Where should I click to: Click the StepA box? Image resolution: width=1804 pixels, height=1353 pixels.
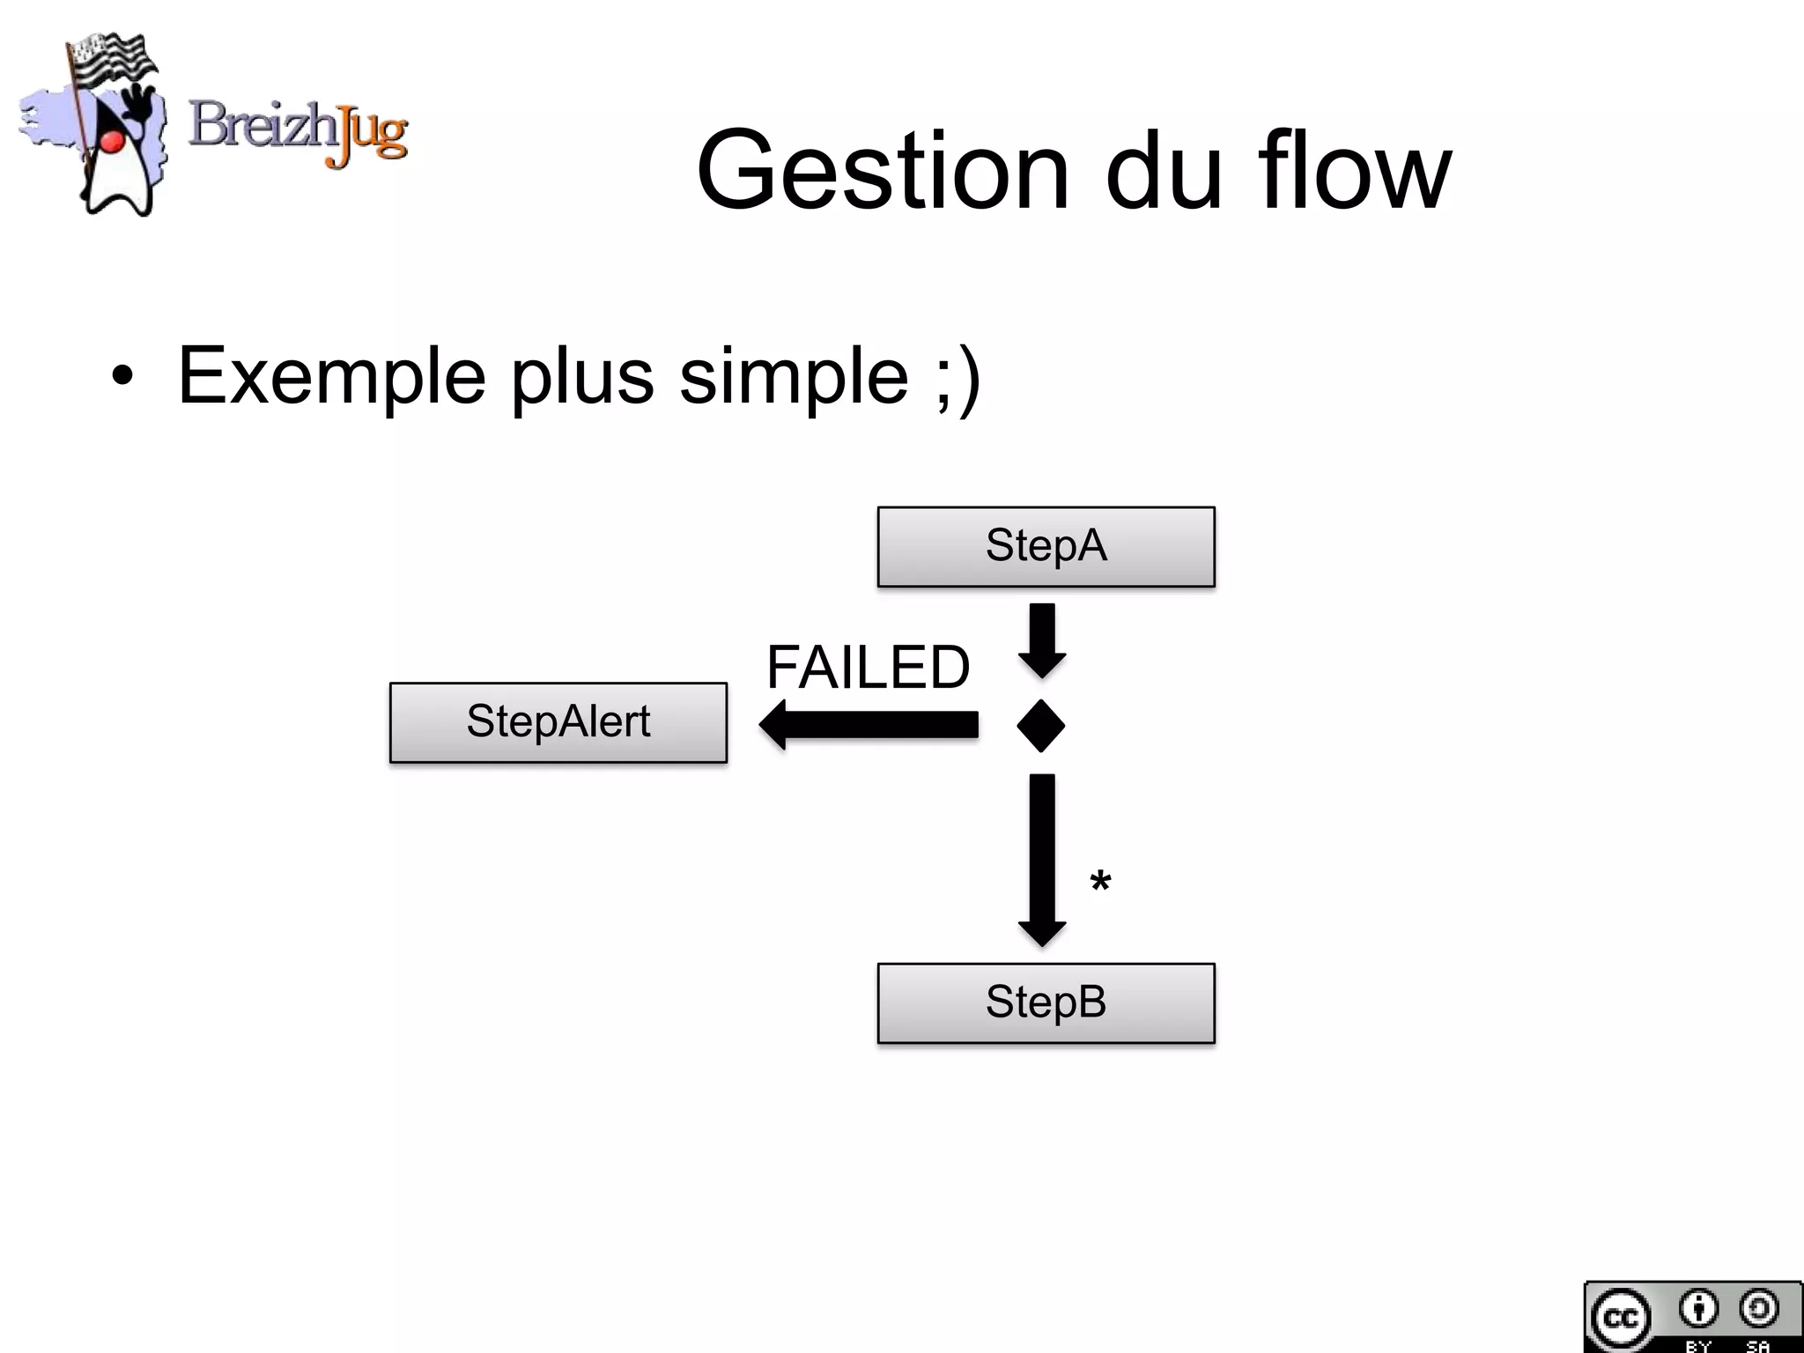1046,546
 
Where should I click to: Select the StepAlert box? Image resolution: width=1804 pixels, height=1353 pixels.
558,722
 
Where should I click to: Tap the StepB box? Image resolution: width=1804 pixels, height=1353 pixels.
1046,1002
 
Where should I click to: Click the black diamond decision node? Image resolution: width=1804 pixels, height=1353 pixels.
1040,726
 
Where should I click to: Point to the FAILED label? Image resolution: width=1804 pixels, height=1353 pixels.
868,667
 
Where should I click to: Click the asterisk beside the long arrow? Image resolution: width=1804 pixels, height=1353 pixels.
1100,883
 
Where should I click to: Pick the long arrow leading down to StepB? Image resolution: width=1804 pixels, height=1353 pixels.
1042,859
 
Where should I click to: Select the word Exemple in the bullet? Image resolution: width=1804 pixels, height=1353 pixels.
331,376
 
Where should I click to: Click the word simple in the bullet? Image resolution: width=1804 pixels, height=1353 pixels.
794,376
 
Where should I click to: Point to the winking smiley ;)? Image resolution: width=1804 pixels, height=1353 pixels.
958,379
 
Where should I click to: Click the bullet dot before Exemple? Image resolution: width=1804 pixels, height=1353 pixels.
122,377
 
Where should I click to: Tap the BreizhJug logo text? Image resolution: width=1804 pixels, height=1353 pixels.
298,130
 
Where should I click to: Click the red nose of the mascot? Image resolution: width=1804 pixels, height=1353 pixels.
111,142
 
